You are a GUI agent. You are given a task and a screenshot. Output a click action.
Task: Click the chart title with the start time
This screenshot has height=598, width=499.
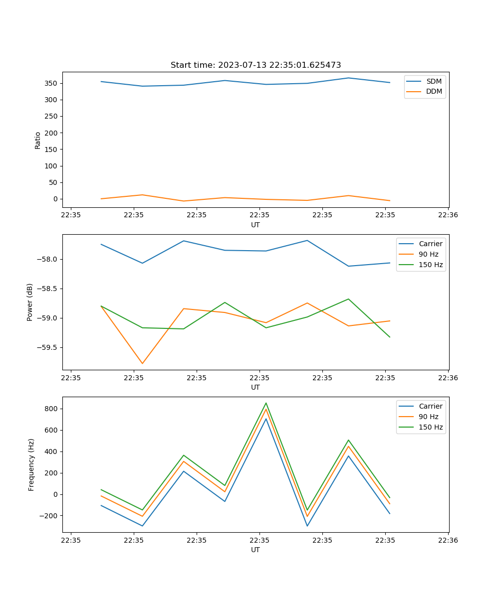coord(255,65)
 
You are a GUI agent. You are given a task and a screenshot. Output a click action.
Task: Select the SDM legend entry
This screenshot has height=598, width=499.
coord(434,81)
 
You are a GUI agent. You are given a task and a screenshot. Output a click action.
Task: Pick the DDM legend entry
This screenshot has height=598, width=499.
coord(434,92)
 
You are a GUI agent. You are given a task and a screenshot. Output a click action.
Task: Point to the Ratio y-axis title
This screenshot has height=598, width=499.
coord(38,140)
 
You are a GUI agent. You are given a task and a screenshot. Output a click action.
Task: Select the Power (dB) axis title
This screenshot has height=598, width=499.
coord(30,302)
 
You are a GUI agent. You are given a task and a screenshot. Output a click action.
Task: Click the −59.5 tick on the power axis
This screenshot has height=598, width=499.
coord(47,348)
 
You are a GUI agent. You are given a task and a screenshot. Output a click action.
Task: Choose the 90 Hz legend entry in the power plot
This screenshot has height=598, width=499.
coord(429,254)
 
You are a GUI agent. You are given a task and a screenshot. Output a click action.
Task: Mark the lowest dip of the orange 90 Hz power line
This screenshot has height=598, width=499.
coord(142,363)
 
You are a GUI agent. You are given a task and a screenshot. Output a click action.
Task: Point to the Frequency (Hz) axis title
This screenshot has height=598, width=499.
coord(31,464)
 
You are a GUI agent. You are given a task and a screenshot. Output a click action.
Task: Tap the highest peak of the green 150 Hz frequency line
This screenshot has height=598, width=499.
coord(266,403)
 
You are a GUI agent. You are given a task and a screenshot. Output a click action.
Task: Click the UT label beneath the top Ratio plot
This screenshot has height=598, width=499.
coord(255,225)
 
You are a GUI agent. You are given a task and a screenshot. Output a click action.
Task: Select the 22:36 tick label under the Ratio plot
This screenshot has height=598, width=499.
coord(448,216)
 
